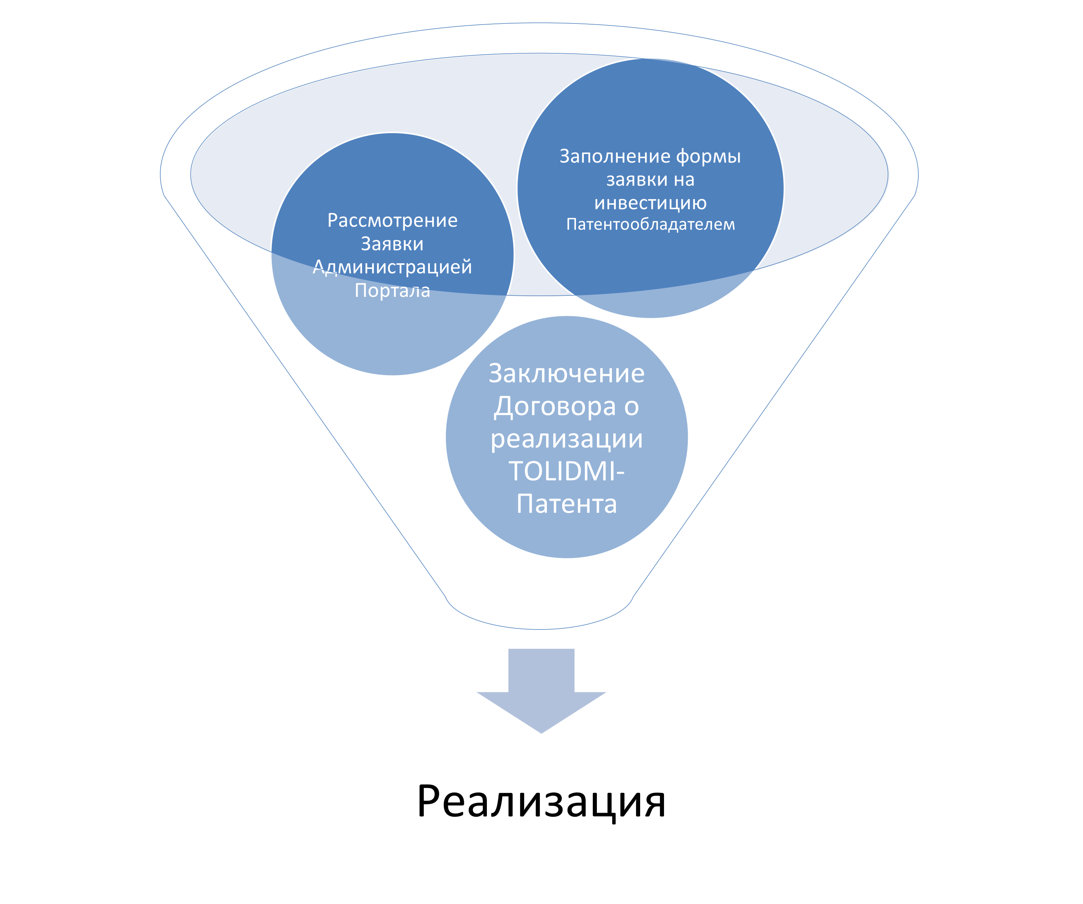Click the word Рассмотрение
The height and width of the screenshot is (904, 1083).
pos(393,220)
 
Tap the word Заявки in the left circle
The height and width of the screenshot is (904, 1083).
pos(392,244)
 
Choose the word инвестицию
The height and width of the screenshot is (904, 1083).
pos(650,203)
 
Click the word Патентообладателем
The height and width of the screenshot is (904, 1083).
pos(650,225)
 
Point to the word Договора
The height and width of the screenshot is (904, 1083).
pos(554,407)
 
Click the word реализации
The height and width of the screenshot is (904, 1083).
pos(566,439)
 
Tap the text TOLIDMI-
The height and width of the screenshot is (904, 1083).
pos(566,471)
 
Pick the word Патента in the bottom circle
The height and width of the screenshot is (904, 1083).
pos(566,504)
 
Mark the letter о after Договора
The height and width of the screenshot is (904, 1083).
pos(631,407)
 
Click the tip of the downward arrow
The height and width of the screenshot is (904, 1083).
pos(541,732)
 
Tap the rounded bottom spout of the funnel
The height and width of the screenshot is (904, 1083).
pos(539,614)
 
